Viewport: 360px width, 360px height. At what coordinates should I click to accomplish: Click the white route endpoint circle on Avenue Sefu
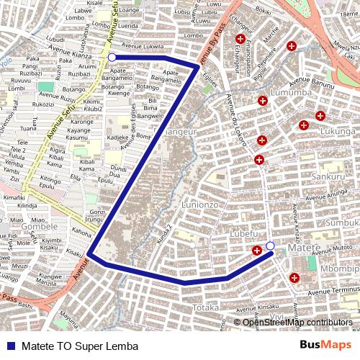coord(112,56)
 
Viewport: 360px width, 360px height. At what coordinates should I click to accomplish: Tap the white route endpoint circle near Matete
coord(270,246)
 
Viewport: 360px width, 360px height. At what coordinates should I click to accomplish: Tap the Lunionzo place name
coord(200,204)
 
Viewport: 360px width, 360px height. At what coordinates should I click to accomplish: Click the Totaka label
coord(205,307)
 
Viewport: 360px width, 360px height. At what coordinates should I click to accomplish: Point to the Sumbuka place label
coord(343,223)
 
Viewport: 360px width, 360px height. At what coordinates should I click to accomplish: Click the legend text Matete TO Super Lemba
coord(80,346)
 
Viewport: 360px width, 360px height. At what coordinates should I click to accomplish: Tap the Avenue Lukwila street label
coord(144,47)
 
